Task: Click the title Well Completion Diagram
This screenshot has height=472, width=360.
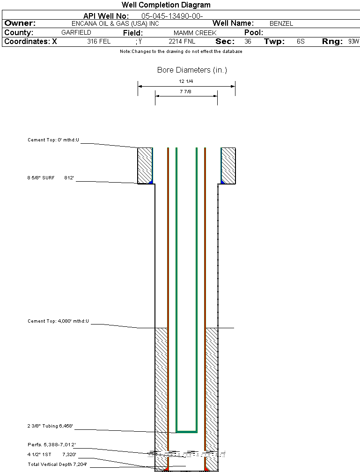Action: click(x=166, y=5)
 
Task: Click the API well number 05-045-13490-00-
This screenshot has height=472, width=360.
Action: click(x=172, y=16)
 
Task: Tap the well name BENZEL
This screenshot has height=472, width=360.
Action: click(x=281, y=24)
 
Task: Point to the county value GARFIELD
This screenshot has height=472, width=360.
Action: click(x=76, y=33)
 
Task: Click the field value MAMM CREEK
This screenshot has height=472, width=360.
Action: click(x=195, y=33)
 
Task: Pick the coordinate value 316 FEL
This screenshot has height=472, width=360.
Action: click(x=99, y=42)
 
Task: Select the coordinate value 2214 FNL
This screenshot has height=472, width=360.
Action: click(x=182, y=42)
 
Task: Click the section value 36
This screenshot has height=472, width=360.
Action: click(x=248, y=42)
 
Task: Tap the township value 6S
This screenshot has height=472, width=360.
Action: click(x=301, y=42)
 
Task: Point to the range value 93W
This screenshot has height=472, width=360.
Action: click(x=353, y=42)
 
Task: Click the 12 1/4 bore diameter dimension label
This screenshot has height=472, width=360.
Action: click(x=186, y=81)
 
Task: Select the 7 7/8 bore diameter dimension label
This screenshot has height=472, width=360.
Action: click(x=186, y=92)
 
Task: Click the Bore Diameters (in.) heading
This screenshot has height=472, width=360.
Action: click(x=192, y=70)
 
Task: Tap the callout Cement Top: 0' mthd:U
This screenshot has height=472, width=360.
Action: click(x=53, y=140)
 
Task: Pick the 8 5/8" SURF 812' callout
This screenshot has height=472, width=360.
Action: click(x=51, y=178)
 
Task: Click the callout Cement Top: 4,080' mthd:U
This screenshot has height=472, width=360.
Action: click(x=58, y=321)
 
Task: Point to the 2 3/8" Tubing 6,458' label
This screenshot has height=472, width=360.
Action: click(x=50, y=426)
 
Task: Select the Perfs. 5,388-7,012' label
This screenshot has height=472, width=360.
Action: click(x=51, y=444)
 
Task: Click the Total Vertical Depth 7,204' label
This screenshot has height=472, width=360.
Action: click(x=57, y=464)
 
